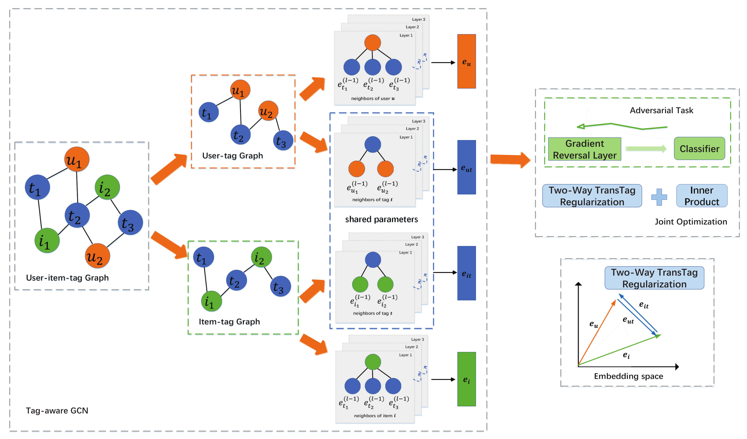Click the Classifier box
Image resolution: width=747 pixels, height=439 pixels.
coord(699,148)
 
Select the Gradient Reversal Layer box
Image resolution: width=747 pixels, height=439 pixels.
coord(584,149)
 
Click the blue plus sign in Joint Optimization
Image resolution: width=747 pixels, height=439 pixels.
coord(659,197)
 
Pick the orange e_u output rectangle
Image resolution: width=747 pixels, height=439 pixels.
coord(466,61)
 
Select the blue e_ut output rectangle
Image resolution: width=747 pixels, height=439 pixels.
coord(466,167)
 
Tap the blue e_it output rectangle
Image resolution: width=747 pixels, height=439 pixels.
coord(466,273)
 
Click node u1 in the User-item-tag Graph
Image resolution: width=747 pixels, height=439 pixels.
coord(77,159)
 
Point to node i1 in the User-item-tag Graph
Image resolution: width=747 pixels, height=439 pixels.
coord(47,240)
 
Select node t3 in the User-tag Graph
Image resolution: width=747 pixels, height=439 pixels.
coord(283,140)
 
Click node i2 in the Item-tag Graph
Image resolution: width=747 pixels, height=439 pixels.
coord(261,257)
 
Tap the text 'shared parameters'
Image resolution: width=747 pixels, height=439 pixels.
coord(381,219)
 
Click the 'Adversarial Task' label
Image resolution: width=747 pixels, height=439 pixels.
coord(661,110)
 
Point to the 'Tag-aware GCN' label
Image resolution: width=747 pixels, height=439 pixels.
coord(57,411)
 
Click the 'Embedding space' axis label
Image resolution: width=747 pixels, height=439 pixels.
coord(628,376)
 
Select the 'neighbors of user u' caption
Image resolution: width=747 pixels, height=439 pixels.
coord(373,98)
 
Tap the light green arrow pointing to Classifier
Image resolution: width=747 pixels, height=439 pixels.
coord(645,148)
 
